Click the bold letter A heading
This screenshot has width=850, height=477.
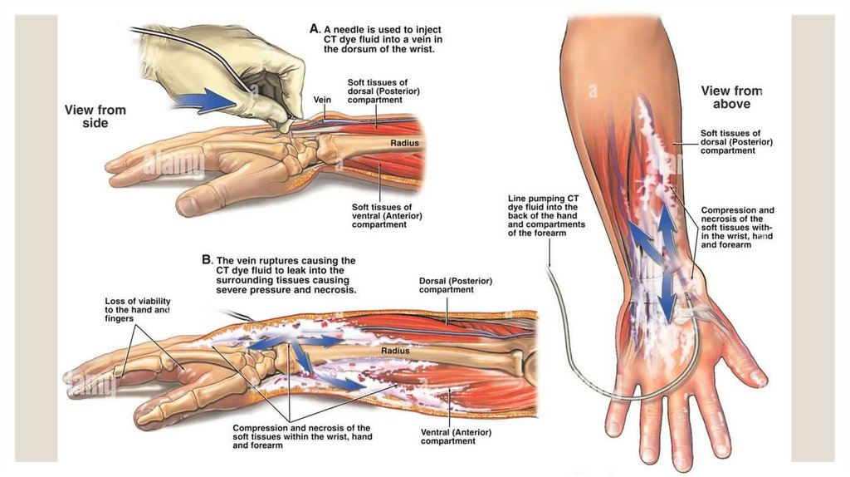coord(315,28)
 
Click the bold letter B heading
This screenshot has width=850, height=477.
coord(207,259)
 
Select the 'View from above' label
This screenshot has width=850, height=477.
coord(731,97)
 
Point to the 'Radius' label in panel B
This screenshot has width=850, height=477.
coord(395,351)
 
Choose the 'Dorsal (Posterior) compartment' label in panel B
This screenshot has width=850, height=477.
coord(455,285)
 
